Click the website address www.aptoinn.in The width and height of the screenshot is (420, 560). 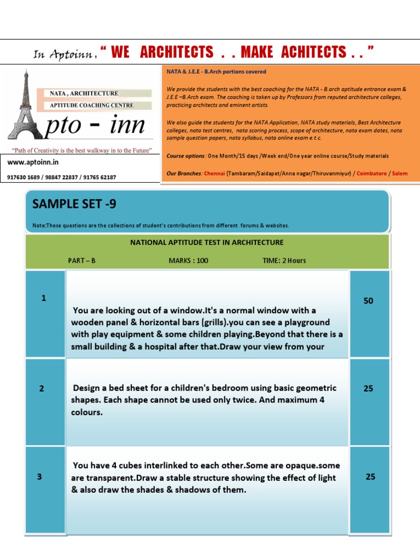[x=33, y=162]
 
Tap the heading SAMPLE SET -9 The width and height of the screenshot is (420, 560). [x=74, y=204]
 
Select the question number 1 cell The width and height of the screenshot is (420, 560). [x=44, y=298]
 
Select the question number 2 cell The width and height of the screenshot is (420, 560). [x=42, y=388]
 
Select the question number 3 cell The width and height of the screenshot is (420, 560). [x=39, y=476]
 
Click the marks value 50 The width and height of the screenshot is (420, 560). [x=369, y=301]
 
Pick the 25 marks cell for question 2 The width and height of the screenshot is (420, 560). [x=369, y=388]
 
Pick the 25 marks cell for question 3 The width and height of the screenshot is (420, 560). [x=370, y=476]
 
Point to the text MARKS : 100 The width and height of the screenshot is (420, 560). [x=188, y=260]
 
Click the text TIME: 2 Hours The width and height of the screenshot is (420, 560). [x=284, y=260]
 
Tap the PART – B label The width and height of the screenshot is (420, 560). [x=81, y=260]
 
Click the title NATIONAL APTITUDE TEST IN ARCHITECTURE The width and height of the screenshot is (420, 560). [x=207, y=242]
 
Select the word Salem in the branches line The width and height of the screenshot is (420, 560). [x=400, y=173]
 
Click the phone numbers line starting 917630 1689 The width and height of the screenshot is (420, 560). [x=62, y=177]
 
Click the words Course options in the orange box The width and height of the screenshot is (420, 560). [x=186, y=156]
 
